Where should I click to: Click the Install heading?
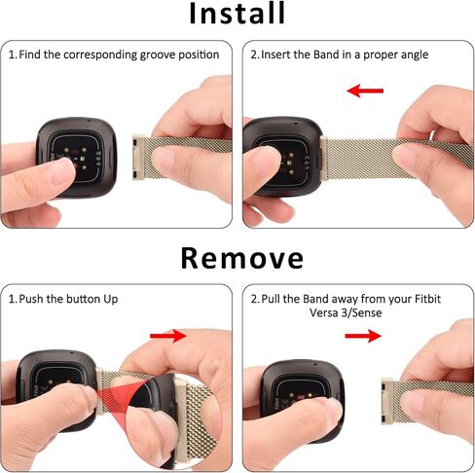click(237, 13)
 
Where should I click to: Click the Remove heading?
click(242, 258)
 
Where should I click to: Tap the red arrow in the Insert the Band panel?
click(365, 91)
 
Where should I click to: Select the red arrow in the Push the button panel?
click(168, 336)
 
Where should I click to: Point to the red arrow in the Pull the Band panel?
click(363, 336)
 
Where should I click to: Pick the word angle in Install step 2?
click(415, 55)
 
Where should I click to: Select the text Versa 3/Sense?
click(346, 312)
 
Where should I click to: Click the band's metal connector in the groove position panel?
click(138, 157)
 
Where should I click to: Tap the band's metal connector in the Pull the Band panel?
click(387, 401)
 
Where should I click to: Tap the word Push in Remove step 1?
click(31, 299)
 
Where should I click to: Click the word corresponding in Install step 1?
click(100, 55)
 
